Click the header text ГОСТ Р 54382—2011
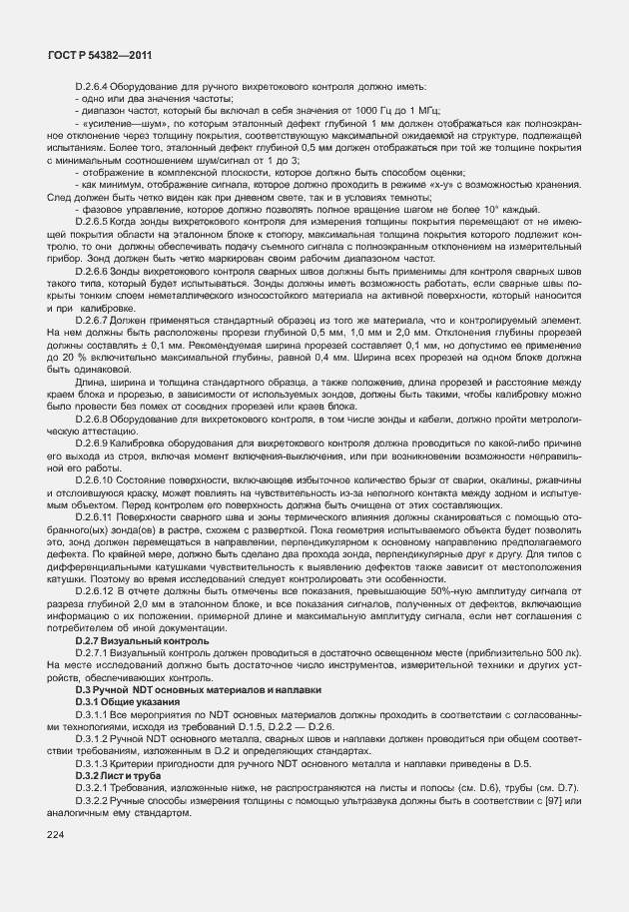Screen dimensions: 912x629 (92, 57)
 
